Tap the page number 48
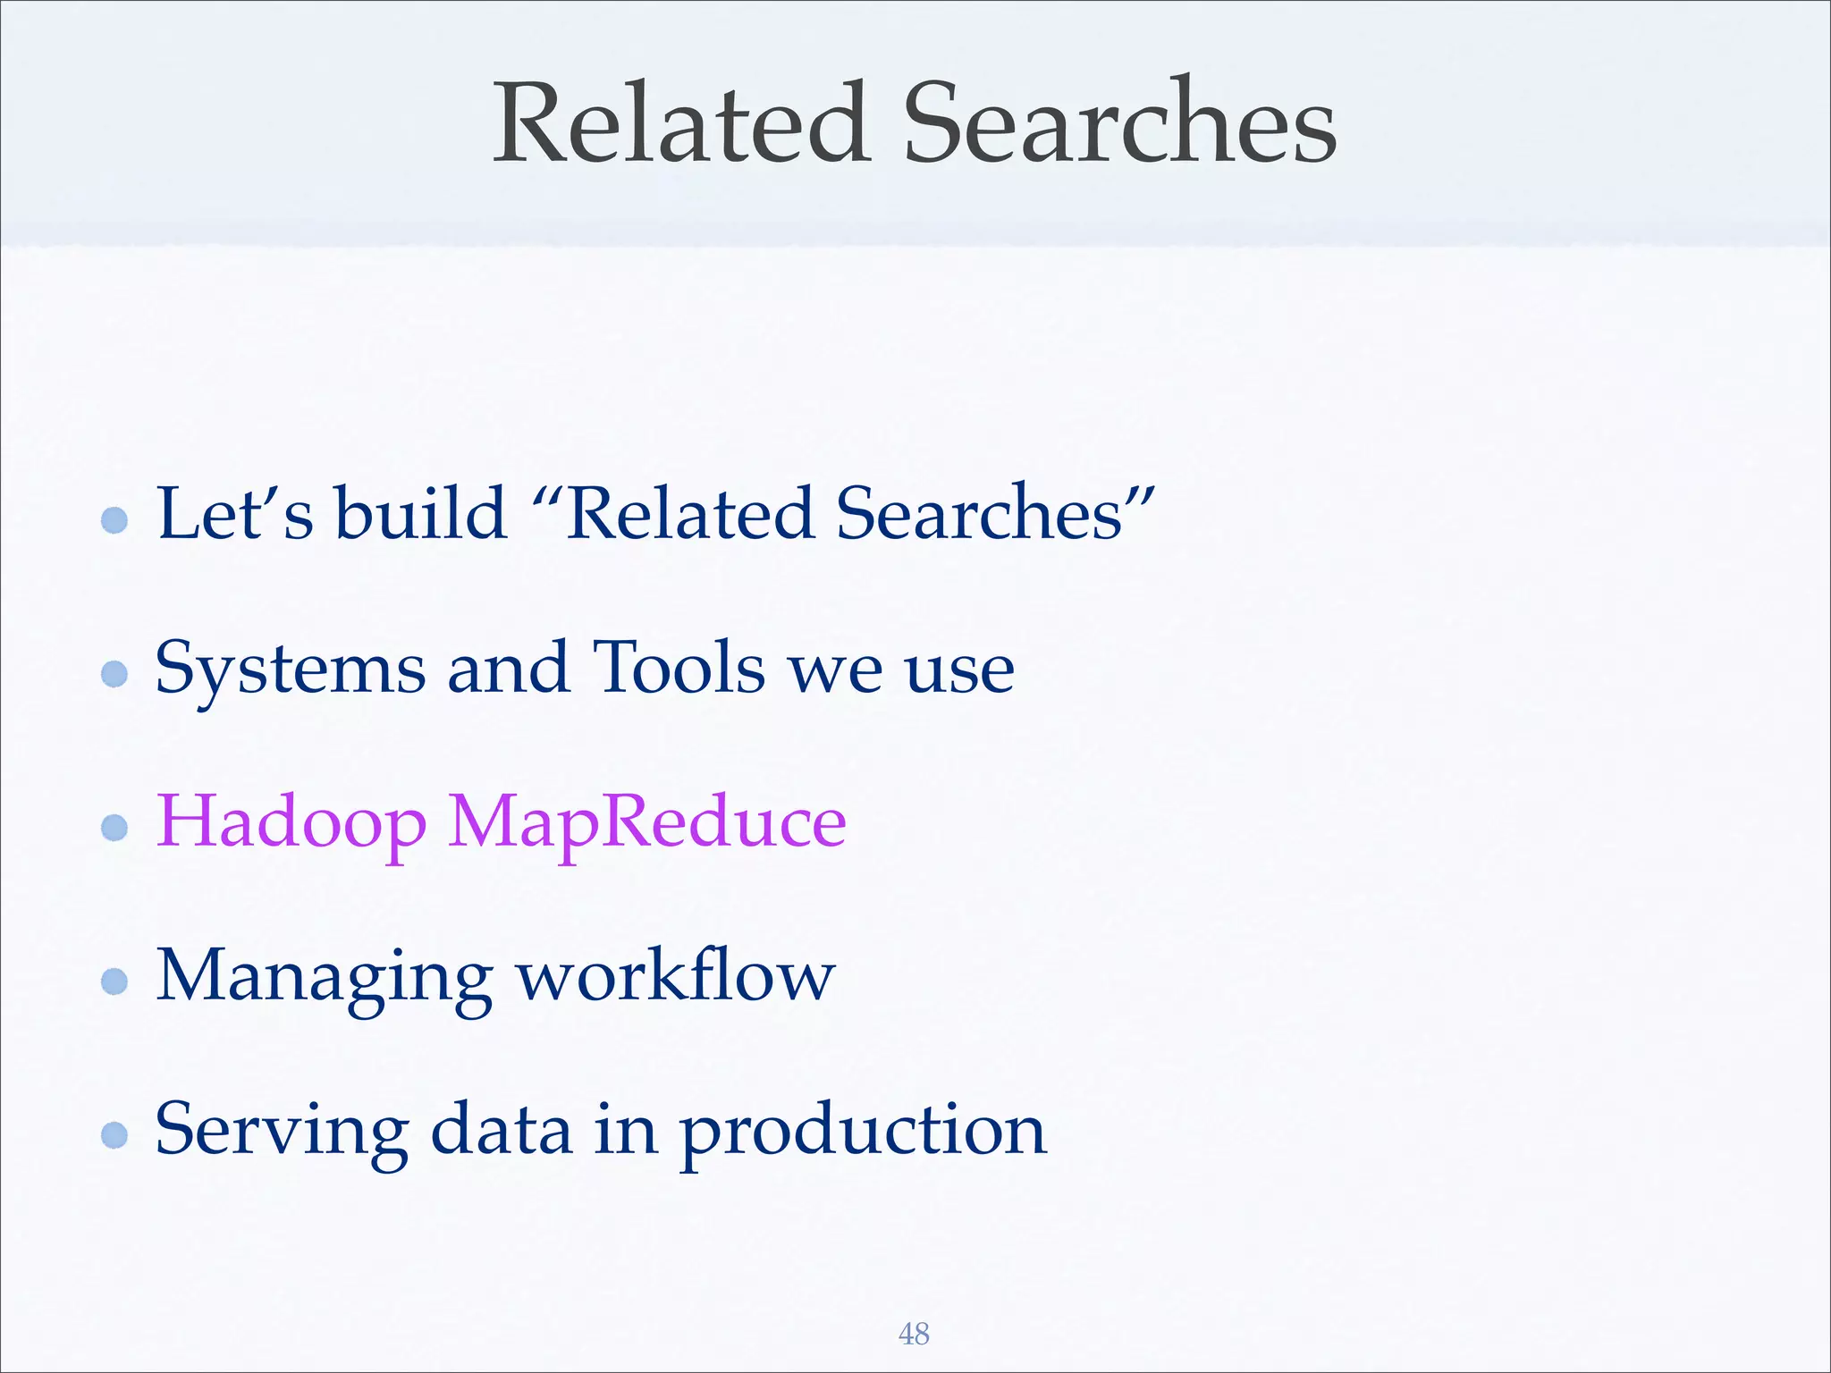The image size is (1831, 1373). (x=914, y=1334)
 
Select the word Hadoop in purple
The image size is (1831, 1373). (x=291, y=823)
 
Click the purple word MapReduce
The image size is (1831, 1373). (x=646, y=823)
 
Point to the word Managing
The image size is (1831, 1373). (x=324, y=977)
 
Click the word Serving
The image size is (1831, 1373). (x=282, y=1131)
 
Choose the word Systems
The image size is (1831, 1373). (x=290, y=670)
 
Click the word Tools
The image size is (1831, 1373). (x=679, y=668)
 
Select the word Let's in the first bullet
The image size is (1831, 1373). (x=234, y=514)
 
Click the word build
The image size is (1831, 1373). (x=421, y=514)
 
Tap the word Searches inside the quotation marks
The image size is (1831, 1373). (x=980, y=514)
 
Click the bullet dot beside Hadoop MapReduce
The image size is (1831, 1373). (x=114, y=827)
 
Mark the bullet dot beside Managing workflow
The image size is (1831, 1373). (x=114, y=981)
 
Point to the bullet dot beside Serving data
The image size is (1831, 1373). (x=114, y=1135)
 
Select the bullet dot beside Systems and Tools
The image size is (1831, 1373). (x=114, y=673)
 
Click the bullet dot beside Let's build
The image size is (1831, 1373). (x=114, y=519)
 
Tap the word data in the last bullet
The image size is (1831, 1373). (x=501, y=1131)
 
